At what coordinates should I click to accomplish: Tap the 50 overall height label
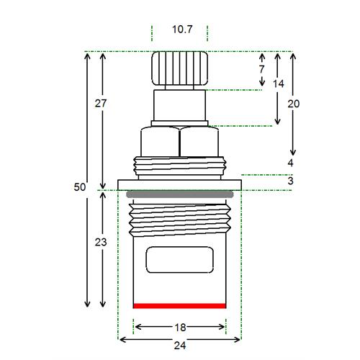(x=80, y=187)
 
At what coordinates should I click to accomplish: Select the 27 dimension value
(x=101, y=104)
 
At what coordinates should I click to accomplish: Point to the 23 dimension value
(x=101, y=242)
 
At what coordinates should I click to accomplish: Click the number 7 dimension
(x=261, y=69)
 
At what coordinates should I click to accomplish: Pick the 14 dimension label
(x=279, y=84)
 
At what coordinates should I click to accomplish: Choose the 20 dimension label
(x=294, y=104)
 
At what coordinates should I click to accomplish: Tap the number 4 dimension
(x=290, y=163)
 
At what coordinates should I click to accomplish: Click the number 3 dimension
(x=290, y=181)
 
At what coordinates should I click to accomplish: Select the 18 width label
(x=180, y=328)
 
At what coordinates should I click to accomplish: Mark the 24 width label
(x=180, y=346)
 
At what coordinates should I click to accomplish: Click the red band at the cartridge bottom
(x=179, y=306)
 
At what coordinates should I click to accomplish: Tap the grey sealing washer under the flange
(x=180, y=194)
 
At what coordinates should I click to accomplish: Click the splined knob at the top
(x=179, y=68)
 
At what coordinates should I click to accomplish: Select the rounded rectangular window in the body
(x=180, y=260)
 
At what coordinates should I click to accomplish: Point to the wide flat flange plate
(x=180, y=185)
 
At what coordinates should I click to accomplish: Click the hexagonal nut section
(x=179, y=142)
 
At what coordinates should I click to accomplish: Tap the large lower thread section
(x=180, y=220)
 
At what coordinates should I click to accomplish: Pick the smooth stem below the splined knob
(x=179, y=105)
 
